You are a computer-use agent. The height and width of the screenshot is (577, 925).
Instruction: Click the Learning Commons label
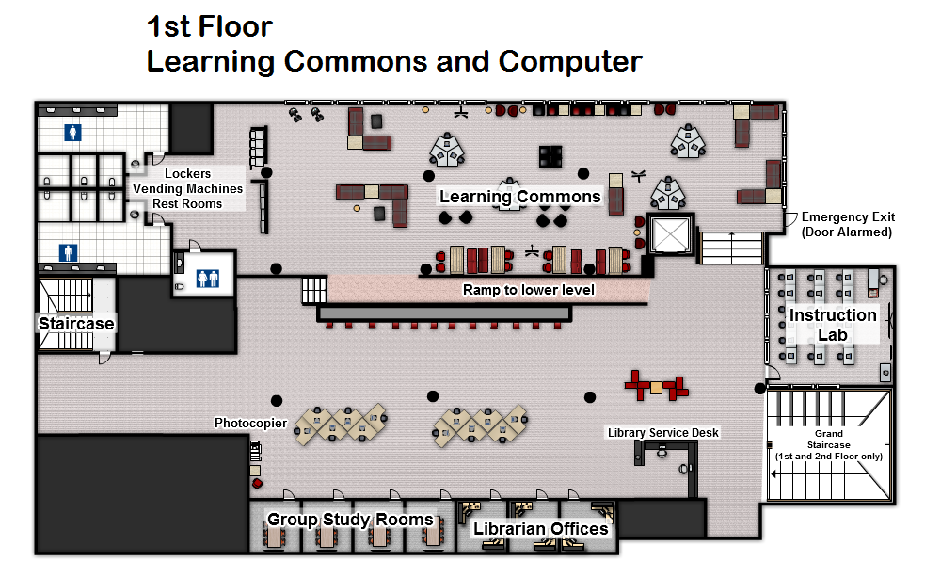pyautogui.click(x=519, y=197)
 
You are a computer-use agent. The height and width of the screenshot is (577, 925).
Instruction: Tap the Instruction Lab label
pyautogui.click(x=833, y=324)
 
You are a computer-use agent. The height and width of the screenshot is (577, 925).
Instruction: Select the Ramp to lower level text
pyautogui.click(x=528, y=290)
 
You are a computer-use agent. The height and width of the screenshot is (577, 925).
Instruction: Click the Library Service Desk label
pyautogui.click(x=662, y=433)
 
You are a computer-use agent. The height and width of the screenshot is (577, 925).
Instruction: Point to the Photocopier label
pyautogui.click(x=250, y=423)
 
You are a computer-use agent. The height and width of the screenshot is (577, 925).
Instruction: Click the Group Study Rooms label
pyautogui.click(x=350, y=520)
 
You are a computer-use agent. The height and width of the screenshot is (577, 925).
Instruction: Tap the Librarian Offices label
pyautogui.click(x=540, y=528)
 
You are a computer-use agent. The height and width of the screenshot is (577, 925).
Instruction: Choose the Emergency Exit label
pyautogui.click(x=847, y=224)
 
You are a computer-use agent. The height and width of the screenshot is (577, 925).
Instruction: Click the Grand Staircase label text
pyautogui.click(x=828, y=444)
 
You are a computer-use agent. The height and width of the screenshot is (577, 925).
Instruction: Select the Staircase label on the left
pyautogui.click(x=76, y=324)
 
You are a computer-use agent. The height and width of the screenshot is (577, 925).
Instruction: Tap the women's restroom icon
pyautogui.click(x=72, y=134)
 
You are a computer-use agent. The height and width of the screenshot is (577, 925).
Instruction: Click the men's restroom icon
pyautogui.click(x=68, y=253)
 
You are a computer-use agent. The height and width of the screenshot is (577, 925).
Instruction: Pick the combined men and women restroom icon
pyautogui.click(x=207, y=279)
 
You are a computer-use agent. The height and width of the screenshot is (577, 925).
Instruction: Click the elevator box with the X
pyautogui.click(x=670, y=235)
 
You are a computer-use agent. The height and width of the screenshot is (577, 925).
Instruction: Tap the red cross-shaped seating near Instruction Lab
pyautogui.click(x=657, y=384)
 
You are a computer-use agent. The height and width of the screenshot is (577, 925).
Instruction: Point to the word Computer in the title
pyautogui.click(x=570, y=61)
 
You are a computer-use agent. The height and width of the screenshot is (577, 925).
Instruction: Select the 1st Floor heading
pyautogui.click(x=209, y=25)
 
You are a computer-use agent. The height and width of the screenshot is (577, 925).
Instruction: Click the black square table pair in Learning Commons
pyautogui.click(x=550, y=156)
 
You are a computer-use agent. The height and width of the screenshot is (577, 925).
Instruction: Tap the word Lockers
pyautogui.click(x=187, y=173)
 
